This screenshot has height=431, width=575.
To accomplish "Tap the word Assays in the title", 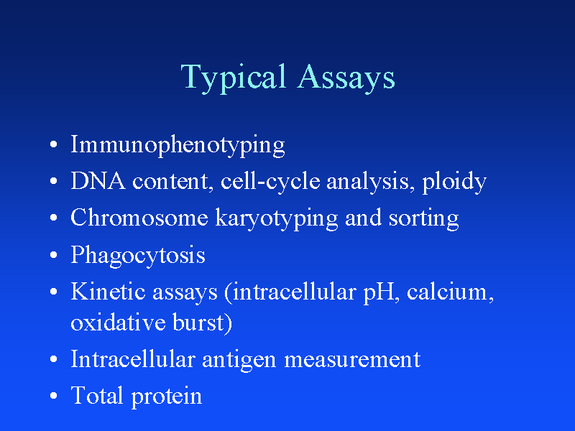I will click(346, 78).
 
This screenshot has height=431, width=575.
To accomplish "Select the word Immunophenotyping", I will click(178, 146).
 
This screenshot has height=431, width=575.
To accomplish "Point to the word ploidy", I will click(454, 182).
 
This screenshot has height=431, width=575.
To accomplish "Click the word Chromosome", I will click(139, 218).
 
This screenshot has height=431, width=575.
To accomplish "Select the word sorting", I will click(423, 218).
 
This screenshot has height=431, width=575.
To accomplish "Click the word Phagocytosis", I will click(137, 256).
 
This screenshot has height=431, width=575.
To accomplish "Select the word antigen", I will click(239, 359).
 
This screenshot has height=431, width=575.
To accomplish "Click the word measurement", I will click(352, 359).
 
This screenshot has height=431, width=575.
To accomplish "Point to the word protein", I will click(167, 396).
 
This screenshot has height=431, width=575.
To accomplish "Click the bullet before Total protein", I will click(55, 397).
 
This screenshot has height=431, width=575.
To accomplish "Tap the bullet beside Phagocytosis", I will click(55, 256).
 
